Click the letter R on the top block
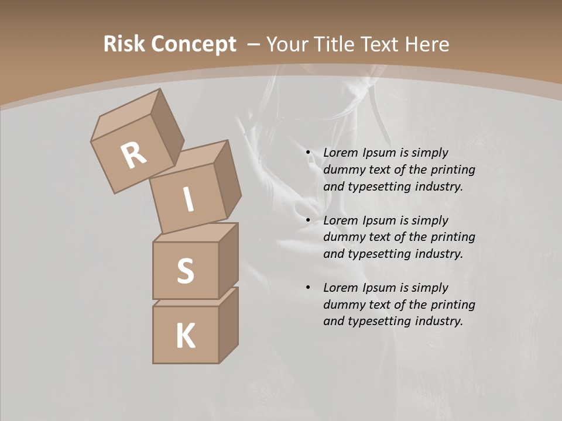click(134, 156)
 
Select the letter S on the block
click(185, 271)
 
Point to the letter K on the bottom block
click(186, 336)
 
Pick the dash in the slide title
click(254, 44)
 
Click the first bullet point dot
click(308, 153)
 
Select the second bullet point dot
click(308, 220)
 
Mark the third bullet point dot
click(308, 288)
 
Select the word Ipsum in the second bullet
click(378, 220)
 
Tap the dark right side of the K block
click(228, 327)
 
